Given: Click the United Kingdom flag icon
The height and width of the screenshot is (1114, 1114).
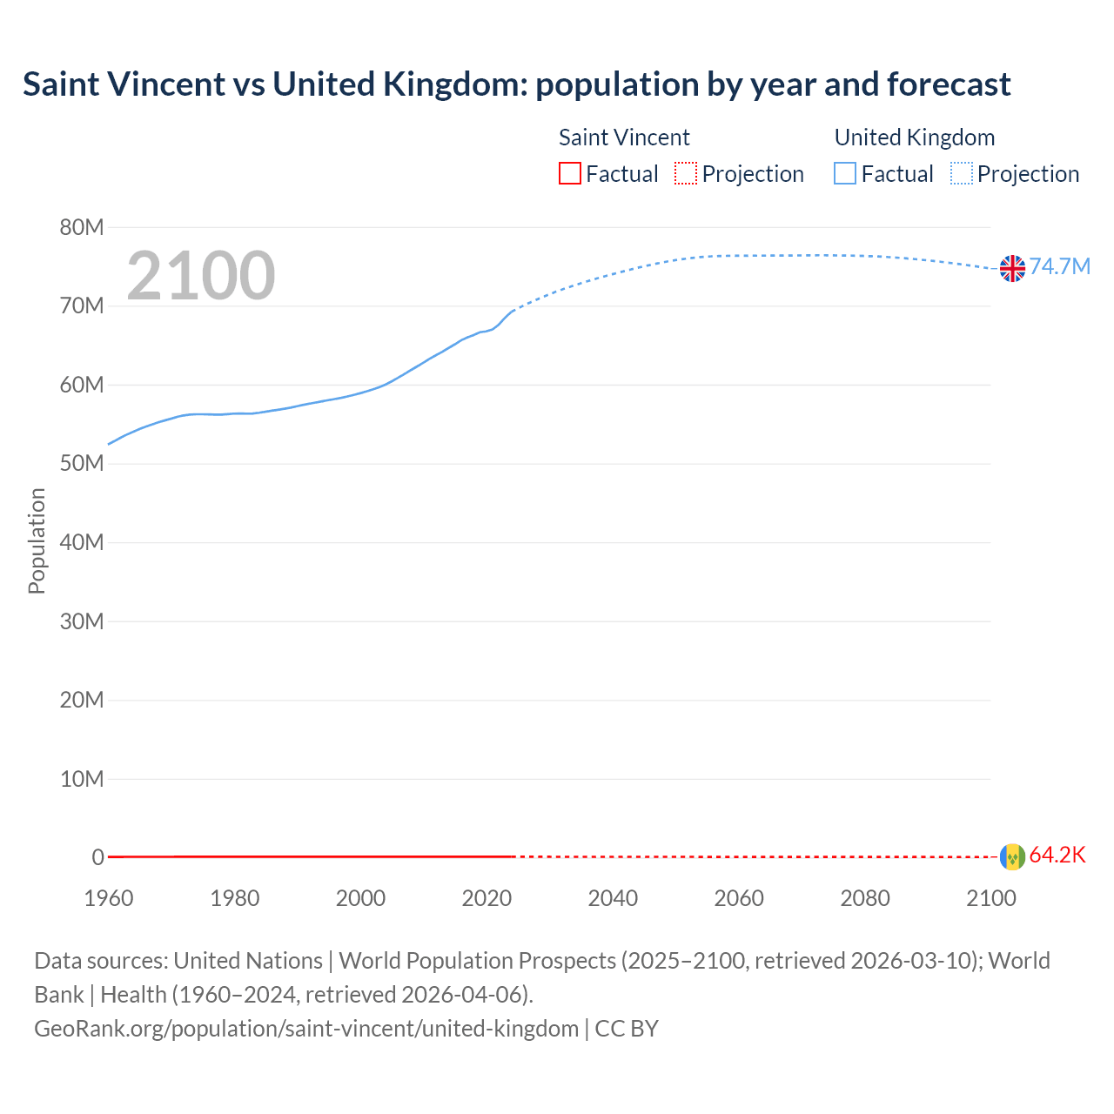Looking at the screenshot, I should pos(1012,268).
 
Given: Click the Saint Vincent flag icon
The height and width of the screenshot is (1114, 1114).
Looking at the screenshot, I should pos(1012,856).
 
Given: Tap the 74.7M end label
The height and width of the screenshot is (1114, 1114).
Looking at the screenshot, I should pos(1059,266).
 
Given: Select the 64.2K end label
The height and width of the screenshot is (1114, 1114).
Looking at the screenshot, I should pos(1057,855).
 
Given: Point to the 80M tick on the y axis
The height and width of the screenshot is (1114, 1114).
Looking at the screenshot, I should pos(82,228).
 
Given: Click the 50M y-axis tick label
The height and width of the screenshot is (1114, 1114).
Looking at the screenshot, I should pos(82,464).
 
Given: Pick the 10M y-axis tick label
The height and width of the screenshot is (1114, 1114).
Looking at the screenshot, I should pos(82,779).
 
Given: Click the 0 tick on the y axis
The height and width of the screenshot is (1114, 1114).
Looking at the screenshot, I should pos(97,857).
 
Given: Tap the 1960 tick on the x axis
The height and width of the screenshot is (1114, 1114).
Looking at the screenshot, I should pos(109,898).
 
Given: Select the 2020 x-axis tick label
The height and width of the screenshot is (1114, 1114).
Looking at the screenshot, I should pos(487,898).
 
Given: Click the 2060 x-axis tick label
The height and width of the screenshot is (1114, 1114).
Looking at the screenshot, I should pos(739,898).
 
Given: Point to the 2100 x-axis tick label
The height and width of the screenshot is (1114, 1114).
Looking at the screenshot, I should pos(990,898).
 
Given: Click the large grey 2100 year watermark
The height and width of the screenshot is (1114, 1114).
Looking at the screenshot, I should pos(201,276).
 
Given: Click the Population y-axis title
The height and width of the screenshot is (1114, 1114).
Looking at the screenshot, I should pos(37,540).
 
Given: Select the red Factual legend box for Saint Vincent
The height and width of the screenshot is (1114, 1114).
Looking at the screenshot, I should pos(570,174).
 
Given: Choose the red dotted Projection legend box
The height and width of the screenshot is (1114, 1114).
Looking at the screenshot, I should pos(686,174).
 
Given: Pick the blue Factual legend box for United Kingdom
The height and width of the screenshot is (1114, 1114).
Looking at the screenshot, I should pos(845,174).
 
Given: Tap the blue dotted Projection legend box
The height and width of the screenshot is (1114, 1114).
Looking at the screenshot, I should pos(961,174).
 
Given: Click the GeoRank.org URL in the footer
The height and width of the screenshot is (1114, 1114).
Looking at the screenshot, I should pos(306,1029).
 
